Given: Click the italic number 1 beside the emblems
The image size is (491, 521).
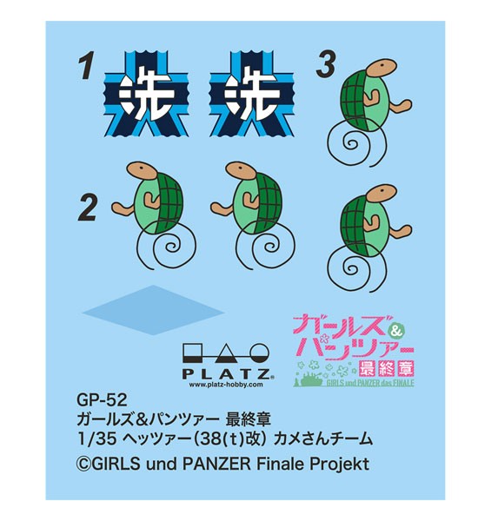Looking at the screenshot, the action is (x=86, y=68).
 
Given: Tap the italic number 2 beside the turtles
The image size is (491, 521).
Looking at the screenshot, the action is (x=89, y=208).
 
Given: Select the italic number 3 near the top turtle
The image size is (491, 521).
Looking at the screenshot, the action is (x=325, y=65).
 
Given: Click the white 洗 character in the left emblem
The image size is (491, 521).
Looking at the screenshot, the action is (x=146, y=93).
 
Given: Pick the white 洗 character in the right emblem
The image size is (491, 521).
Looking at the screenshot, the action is (x=252, y=93).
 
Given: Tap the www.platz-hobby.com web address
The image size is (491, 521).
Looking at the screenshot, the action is (x=226, y=385).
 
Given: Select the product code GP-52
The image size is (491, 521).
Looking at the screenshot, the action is (x=102, y=400).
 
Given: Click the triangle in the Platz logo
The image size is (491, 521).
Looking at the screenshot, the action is (x=227, y=354).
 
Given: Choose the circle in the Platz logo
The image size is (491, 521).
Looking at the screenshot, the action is (x=259, y=353).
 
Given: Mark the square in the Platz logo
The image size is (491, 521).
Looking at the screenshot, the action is (x=192, y=353).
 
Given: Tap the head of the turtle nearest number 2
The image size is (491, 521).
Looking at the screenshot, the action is (x=142, y=170).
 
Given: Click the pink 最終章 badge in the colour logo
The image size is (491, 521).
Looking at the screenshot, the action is (x=388, y=368).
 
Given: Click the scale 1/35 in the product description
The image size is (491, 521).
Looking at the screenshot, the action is (x=96, y=439).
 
